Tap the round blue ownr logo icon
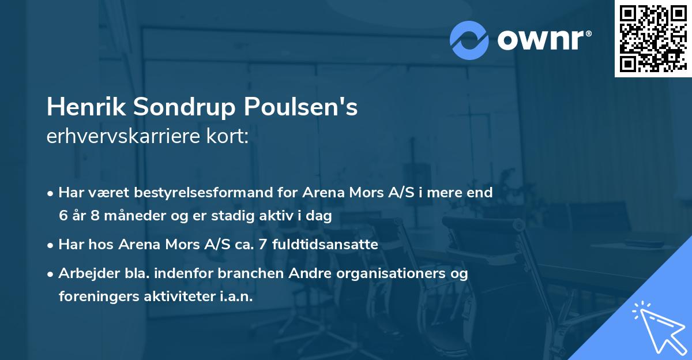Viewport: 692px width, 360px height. click(469, 40)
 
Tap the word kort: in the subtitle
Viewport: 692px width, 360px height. click(229, 137)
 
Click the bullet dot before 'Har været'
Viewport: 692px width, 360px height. click(51, 193)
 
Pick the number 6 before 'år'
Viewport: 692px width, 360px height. click(62, 216)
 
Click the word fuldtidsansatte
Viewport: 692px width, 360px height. click(331, 245)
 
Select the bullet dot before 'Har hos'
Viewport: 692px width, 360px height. click(51, 245)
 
